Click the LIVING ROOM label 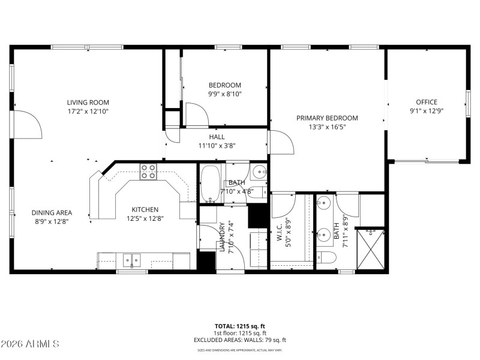(88, 102)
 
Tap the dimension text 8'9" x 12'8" (52, 221)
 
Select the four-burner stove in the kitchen (148, 172)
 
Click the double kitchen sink (132, 260)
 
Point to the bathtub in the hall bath (210, 183)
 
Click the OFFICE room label (427, 102)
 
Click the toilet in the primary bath (327, 259)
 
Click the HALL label (217, 137)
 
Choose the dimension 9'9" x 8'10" (224, 94)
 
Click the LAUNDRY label (223, 238)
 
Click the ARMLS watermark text (30, 344)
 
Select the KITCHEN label (145, 209)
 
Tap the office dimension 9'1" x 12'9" (427, 110)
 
